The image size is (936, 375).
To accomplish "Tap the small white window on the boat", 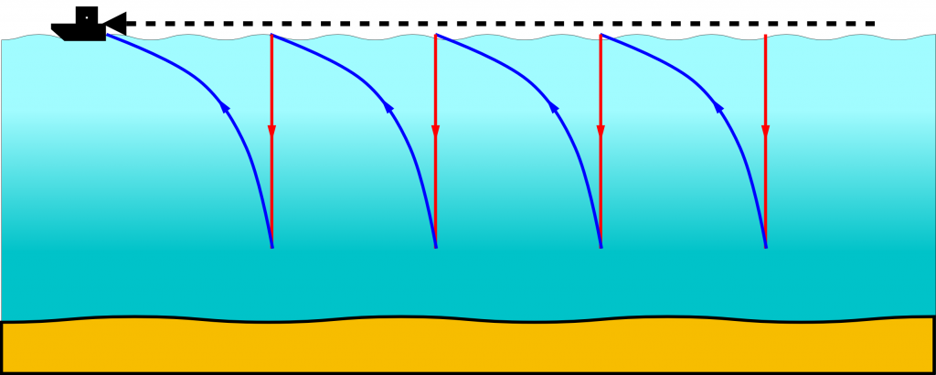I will [87, 16].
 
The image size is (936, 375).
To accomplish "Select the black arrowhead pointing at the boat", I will [115, 24].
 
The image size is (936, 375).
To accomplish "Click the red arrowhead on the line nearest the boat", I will [271, 132].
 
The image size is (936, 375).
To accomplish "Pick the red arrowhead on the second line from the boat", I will [435, 132].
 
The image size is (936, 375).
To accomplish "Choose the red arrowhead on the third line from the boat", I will [601, 132].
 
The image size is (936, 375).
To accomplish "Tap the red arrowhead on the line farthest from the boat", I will [765, 132].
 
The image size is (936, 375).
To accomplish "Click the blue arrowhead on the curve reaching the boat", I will [224, 110].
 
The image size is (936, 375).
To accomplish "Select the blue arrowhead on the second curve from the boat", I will [388, 110].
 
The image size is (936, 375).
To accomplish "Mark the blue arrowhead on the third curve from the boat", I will [553, 110].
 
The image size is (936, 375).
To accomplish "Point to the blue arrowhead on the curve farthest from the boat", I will [718, 110].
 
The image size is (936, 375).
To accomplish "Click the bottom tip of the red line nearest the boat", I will [271, 247].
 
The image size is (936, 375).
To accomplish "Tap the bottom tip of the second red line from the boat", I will [435, 247].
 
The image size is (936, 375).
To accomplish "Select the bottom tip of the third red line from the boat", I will [601, 247].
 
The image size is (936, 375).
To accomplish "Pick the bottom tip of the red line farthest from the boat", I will [765, 247].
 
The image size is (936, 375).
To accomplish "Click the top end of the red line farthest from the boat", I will [765, 35].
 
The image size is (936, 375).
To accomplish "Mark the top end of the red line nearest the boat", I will [271, 35].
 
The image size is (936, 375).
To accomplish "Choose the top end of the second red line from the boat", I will [435, 35].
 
